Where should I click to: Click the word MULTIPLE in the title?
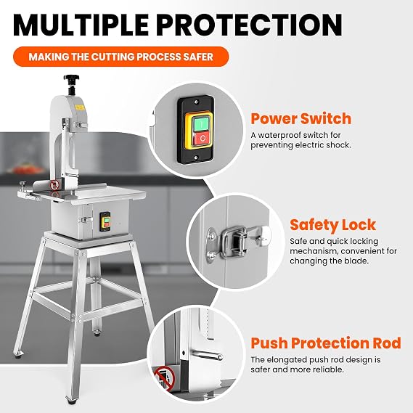81,25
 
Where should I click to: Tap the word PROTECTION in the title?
249,25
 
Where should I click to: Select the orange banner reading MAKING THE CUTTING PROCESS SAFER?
121,57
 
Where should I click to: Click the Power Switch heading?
301,118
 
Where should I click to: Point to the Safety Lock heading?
333,225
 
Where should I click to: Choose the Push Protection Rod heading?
326,343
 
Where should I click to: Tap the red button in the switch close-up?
202,139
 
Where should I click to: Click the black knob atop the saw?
71,79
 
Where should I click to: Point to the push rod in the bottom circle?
208,356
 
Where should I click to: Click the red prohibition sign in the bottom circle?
165,379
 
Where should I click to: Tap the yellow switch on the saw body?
105,222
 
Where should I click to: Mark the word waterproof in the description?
279,136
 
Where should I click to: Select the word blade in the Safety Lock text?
356,261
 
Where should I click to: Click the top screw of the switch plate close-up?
196,102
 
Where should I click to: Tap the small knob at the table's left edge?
23,185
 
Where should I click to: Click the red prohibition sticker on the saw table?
54,185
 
